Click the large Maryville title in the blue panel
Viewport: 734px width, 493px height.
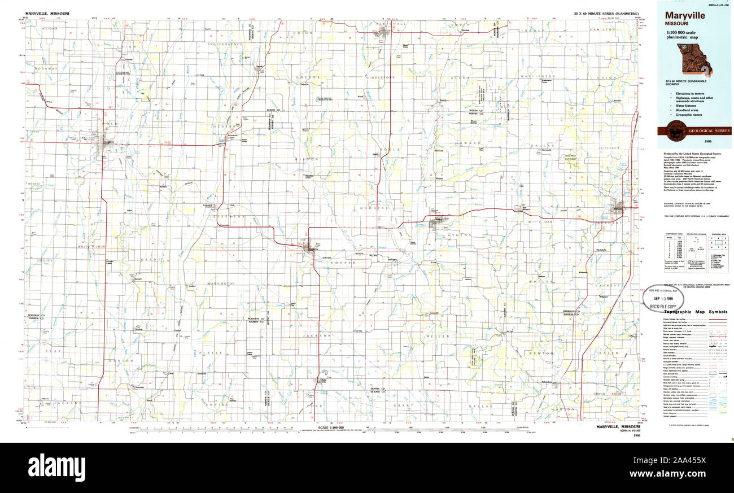pyautogui.click(x=684, y=16)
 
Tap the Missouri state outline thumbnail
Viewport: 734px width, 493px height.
pyautogui.click(x=694, y=59)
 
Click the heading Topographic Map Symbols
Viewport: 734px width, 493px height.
pyautogui.click(x=695, y=312)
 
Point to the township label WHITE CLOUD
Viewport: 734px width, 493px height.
pyautogui.click(x=92, y=247)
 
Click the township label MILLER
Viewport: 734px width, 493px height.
pyautogui.click(x=440, y=336)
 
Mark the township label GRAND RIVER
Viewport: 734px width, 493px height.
pyautogui.click(x=607, y=393)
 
